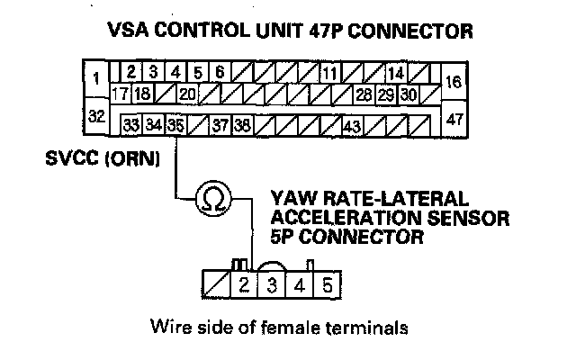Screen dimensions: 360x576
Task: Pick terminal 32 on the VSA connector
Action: tap(94, 116)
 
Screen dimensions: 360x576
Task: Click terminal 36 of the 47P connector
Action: tap(175, 125)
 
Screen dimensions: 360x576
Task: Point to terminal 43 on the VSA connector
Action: tap(352, 125)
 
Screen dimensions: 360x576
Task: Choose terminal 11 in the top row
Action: tap(329, 72)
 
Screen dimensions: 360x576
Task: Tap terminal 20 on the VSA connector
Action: tap(187, 94)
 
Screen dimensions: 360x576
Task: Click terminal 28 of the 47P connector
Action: tap(364, 94)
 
